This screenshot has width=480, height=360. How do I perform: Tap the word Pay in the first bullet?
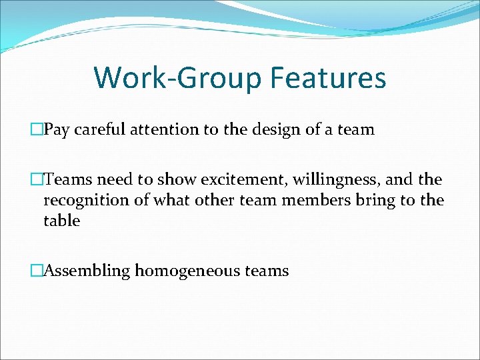57,130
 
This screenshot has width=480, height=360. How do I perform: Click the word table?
61,221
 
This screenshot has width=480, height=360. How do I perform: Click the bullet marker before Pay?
37,130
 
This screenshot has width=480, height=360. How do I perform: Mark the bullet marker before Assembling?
37,271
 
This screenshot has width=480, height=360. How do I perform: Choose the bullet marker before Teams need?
37,180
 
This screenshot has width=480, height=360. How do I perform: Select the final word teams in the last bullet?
267,271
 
